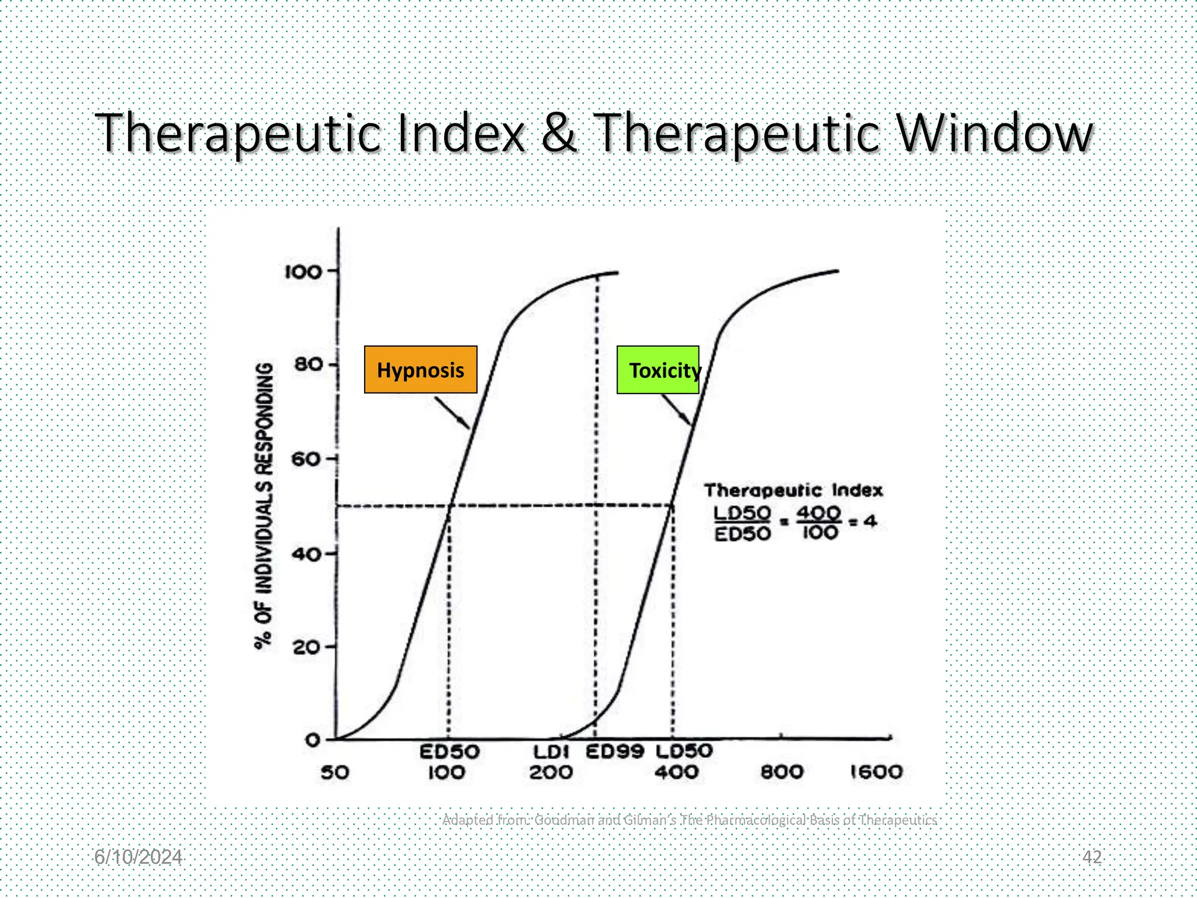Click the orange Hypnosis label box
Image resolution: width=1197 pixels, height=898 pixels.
tap(420, 369)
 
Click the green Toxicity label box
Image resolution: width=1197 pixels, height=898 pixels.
tap(658, 369)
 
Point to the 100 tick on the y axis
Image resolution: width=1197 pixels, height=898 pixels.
tap(303, 272)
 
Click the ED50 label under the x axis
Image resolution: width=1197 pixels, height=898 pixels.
tap(449, 752)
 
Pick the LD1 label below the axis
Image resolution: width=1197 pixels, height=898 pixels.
tap(551, 752)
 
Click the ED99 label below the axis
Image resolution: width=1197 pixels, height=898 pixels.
tap(615, 751)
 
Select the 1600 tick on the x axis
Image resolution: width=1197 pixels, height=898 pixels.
tap(876, 772)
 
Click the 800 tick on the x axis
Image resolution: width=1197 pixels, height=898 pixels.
tap(782, 772)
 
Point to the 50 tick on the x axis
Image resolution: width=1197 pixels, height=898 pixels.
tap(335, 773)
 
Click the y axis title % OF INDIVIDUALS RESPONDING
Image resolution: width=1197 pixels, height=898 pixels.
tap(264, 506)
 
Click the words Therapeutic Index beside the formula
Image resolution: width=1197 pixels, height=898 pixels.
tap(793, 490)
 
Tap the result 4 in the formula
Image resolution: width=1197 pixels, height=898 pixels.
tap(870, 521)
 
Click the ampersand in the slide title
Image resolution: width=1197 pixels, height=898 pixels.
tap(558, 133)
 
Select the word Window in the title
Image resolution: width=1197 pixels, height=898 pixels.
tap(994, 133)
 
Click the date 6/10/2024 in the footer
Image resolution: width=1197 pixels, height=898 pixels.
tap(138, 857)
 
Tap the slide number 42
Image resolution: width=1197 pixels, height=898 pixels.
tap(1092, 857)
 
